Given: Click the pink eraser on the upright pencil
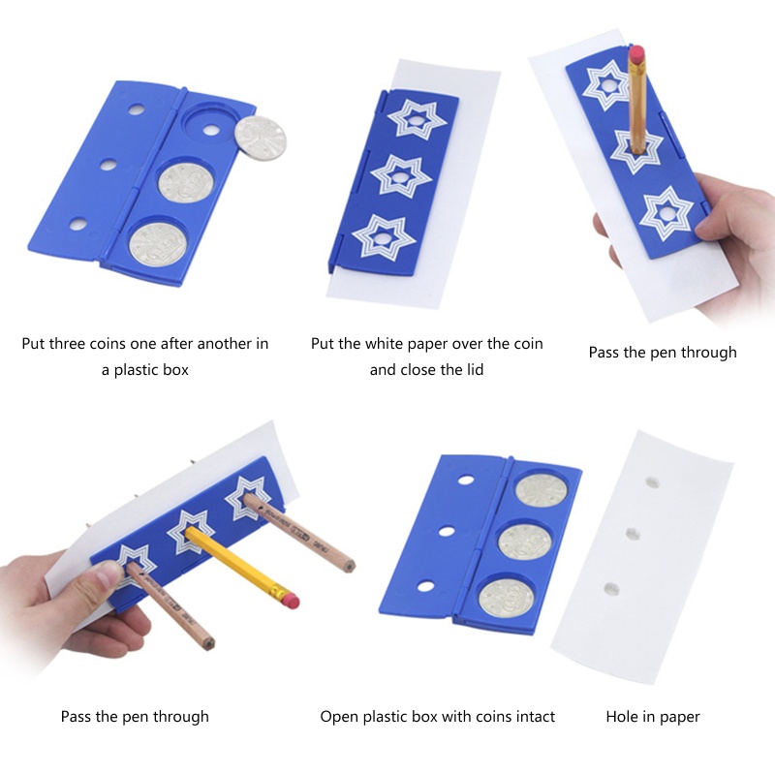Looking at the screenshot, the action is [636, 54].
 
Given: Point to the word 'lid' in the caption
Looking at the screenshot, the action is [474, 370].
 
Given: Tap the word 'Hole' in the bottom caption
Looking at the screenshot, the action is [622, 717].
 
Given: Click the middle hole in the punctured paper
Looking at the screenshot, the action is [634, 534].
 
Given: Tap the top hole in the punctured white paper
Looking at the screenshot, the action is [652, 481].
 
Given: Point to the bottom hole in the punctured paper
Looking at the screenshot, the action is [611, 589].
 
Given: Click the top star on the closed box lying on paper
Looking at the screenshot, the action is [415, 118].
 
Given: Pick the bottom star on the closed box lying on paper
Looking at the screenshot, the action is [384, 238].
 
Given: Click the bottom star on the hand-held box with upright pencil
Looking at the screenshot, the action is [666, 214].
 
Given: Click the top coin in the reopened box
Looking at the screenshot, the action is [542, 490].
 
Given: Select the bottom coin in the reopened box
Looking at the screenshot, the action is [507, 598].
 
